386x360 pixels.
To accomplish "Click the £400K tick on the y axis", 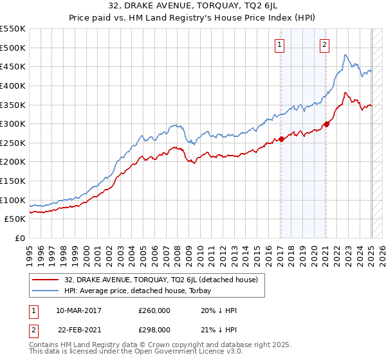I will [x=13, y=85].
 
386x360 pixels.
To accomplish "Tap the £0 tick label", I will [x=19, y=238].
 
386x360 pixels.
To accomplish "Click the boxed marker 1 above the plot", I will [x=280, y=44].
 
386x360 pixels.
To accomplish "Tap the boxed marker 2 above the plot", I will [x=324, y=44].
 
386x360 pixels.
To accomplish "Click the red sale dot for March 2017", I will [x=282, y=139].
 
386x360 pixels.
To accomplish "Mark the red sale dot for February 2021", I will [x=326, y=124].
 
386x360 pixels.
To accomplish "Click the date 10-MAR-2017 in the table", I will [x=79, y=310].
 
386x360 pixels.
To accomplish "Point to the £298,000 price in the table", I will [x=154, y=329].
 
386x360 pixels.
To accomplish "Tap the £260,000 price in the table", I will [x=154, y=310].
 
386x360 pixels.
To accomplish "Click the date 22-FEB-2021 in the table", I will [x=78, y=329].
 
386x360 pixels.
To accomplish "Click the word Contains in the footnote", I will [x=45, y=346].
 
